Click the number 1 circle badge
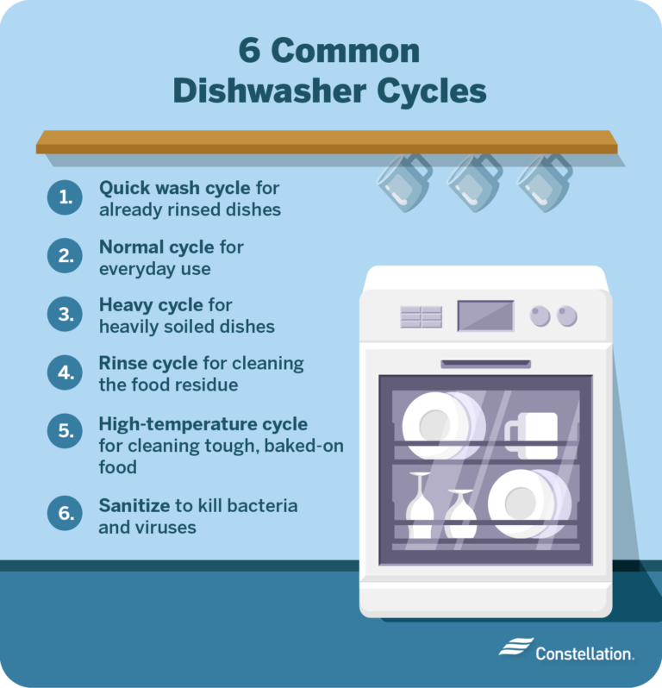point(64,198)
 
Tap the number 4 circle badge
point(64,373)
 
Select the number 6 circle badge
point(64,515)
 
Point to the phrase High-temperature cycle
point(203,424)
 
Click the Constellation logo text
point(584,653)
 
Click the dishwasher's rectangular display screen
point(484,315)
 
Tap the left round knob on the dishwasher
point(540,316)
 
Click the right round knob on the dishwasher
point(566,316)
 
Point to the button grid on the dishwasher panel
point(421,316)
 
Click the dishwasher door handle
point(485,364)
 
